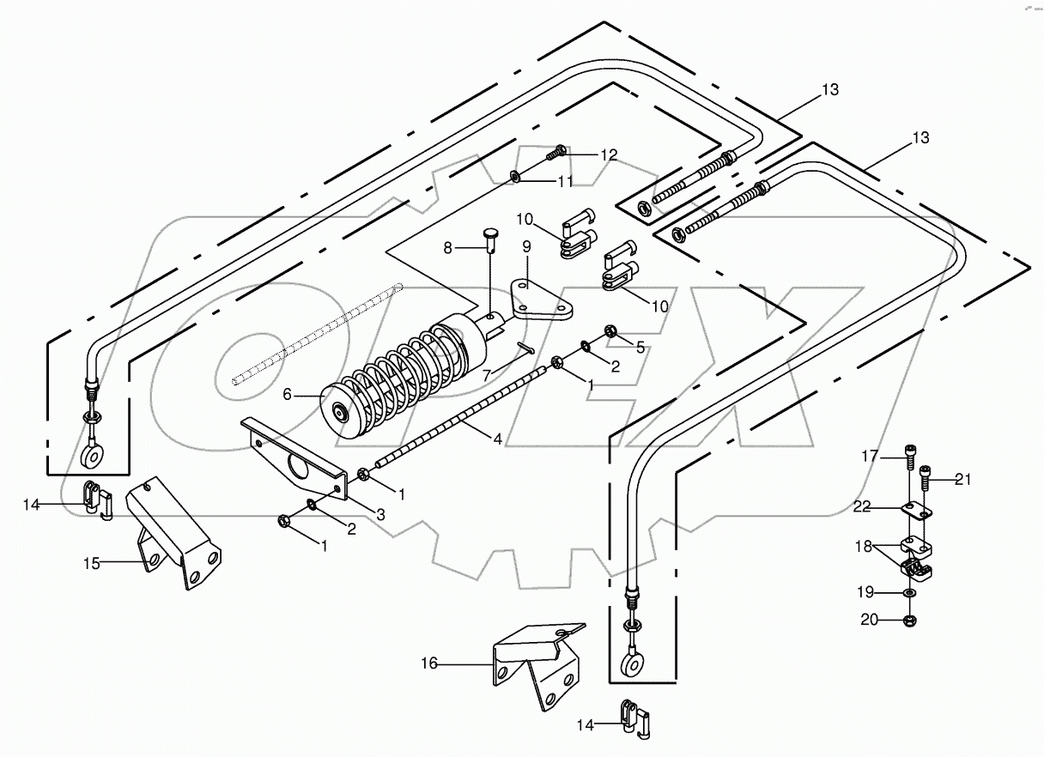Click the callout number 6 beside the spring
click(287, 394)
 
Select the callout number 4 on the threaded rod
click(497, 439)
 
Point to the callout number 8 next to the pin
click(447, 248)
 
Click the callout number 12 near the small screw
click(609, 155)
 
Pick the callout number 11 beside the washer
click(566, 181)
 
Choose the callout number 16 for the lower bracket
click(430, 663)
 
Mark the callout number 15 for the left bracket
click(92, 563)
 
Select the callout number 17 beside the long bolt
click(870, 456)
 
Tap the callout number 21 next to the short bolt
click(962, 480)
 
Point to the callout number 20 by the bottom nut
click(870, 620)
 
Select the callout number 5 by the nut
click(639, 347)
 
